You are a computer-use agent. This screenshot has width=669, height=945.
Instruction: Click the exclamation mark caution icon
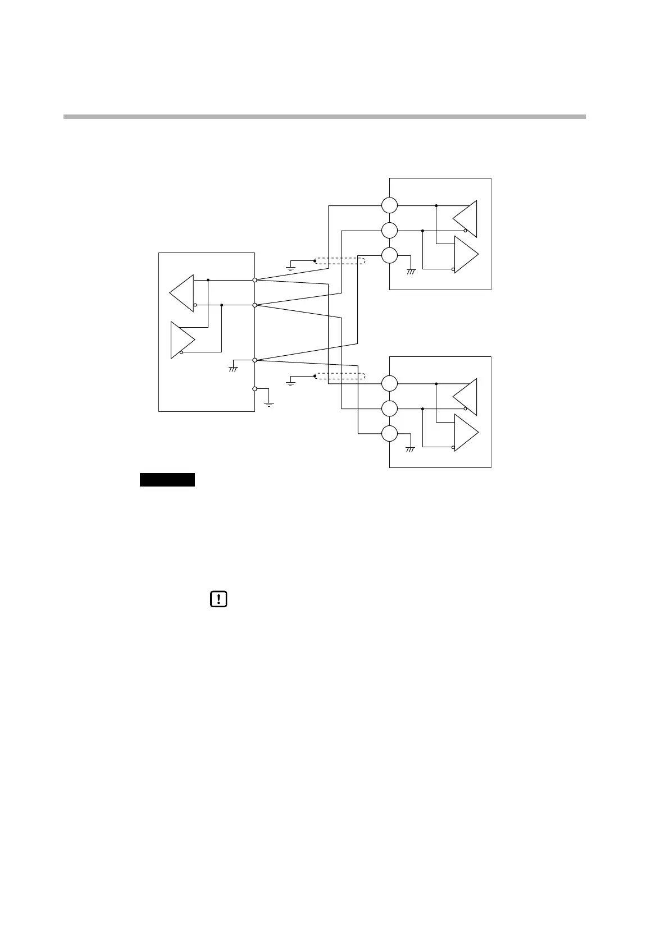[x=218, y=599]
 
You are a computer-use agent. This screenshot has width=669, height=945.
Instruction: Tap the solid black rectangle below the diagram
[x=167, y=480]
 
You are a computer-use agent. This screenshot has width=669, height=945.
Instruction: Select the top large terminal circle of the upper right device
[x=389, y=205]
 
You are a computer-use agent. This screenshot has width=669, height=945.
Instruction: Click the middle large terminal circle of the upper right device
[x=389, y=230]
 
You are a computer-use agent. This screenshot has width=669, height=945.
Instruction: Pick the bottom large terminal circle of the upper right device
[x=389, y=256]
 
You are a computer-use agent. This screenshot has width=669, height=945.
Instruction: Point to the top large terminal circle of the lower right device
[x=389, y=384]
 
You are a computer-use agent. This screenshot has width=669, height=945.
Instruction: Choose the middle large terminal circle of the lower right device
[x=389, y=409]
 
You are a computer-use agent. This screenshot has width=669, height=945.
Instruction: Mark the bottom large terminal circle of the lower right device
[x=389, y=434]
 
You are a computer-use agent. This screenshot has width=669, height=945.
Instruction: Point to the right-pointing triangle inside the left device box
[x=181, y=340]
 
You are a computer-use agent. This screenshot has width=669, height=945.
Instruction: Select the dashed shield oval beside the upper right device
[x=339, y=260]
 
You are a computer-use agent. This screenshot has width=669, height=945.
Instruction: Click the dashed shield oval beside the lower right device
[x=339, y=376]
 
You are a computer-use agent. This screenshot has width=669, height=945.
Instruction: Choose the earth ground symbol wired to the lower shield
[x=290, y=382]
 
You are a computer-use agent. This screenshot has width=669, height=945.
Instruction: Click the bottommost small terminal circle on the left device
[x=255, y=388]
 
